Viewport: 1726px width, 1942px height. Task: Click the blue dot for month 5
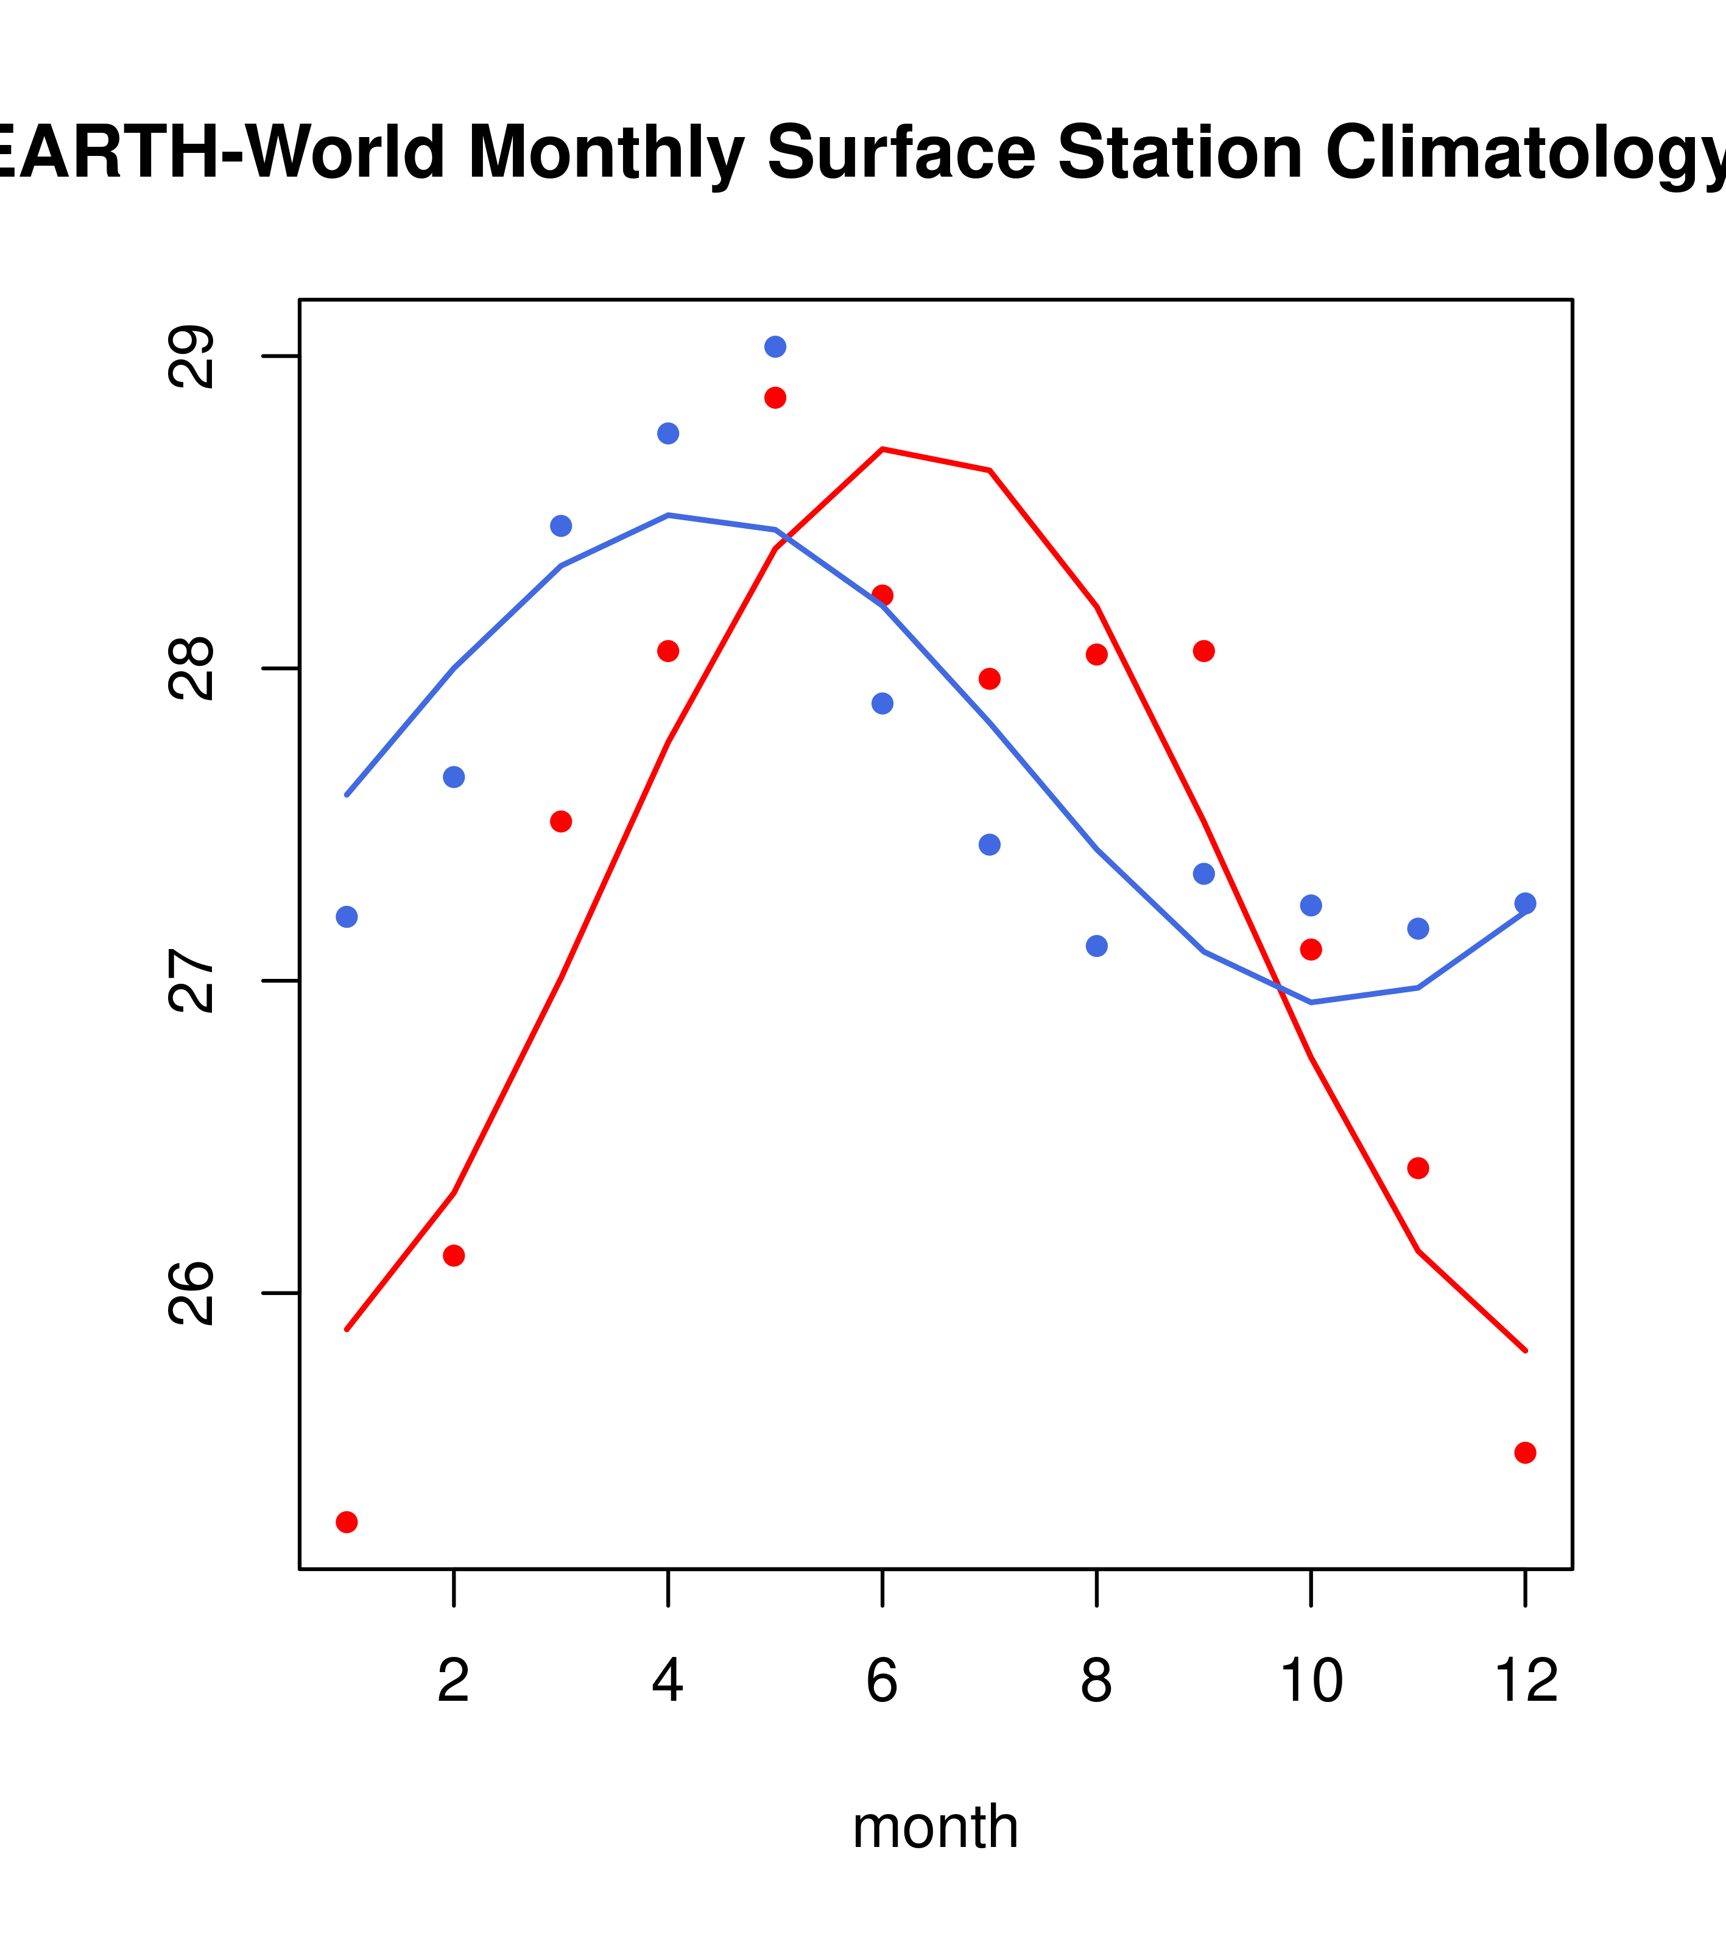click(x=775, y=347)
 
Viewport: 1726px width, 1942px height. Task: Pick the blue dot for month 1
click(x=347, y=917)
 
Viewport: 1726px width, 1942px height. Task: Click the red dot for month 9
click(x=1203, y=651)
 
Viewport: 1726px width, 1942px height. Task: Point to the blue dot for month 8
click(x=1097, y=946)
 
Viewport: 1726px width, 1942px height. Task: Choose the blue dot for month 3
click(x=562, y=526)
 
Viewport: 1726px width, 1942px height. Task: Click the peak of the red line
click(x=882, y=448)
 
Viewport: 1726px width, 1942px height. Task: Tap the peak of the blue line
click(x=669, y=515)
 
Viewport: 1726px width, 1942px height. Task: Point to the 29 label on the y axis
click(x=190, y=356)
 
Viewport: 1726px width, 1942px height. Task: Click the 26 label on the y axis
click(x=190, y=1293)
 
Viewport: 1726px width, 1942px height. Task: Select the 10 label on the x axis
click(x=1311, y=1681)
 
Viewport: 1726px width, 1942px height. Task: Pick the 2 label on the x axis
click(x=454, y=1681)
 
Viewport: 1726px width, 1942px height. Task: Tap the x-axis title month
click(x=935, y=1826)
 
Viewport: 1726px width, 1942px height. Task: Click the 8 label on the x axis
click(x=1097, y=1681)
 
